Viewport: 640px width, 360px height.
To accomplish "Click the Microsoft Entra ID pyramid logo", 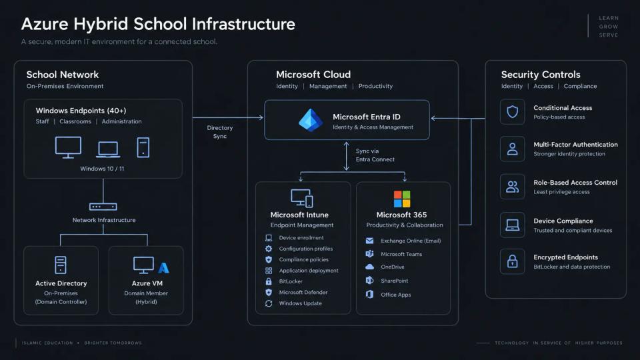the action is tap(311, 120).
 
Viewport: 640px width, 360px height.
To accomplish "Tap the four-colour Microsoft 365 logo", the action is tap(402, 199).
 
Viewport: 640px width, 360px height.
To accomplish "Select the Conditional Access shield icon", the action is tap(512, 111).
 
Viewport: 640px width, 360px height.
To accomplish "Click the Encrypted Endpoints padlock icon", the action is tap(512, 261).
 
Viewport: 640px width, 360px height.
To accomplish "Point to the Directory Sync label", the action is tap(219, 132).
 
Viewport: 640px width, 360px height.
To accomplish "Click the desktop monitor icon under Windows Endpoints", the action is tap(68, 147).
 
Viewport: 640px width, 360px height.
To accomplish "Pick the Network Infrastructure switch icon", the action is tap(103, 207).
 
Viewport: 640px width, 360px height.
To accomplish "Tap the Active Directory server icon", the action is tap(61, 265).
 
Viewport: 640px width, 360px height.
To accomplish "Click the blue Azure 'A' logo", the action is tap(163, 267).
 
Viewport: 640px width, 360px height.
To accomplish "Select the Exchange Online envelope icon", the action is tap(369, 241).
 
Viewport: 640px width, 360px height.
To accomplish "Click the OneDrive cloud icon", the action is tap(369, 267).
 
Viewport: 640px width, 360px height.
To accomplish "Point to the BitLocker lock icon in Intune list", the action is tap(269, 281).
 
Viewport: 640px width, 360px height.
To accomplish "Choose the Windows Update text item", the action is tap(301, 303).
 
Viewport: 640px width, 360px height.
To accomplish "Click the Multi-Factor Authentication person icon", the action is tap(512, 149).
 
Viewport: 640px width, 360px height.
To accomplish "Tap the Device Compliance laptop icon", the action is tap(512, 225).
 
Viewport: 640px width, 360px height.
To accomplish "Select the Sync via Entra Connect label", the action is tap(375, 155).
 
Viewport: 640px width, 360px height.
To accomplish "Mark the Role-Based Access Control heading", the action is tap(575, 183).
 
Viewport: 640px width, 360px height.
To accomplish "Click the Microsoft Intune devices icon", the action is tap(302, 198).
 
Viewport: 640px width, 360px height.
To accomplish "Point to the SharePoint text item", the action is tap(394, 281).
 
